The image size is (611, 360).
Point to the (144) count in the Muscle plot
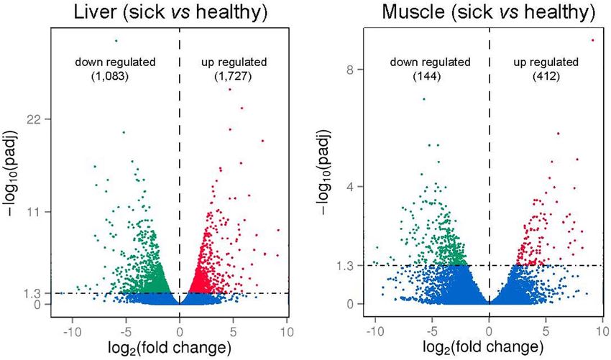[431, 77]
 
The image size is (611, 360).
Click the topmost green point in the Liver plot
[116, 40]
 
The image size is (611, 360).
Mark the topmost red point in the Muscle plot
[592, 40]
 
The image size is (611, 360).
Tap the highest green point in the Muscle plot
[424, 99]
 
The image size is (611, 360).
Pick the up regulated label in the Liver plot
[234, 63]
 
